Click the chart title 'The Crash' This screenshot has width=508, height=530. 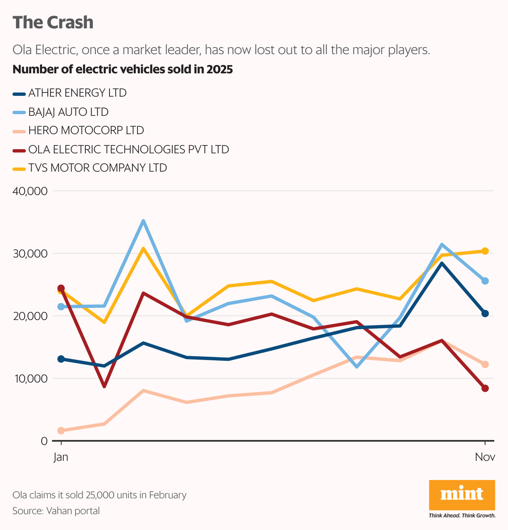pos(53,22)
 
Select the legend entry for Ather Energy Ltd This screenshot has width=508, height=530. pos(77,93)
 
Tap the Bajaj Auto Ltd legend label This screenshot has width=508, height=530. pos(68,112)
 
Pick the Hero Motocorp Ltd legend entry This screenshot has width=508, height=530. pos(86,130)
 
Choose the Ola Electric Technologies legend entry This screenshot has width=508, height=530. pos(128,149)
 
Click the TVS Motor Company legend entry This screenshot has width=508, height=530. pos(97,168)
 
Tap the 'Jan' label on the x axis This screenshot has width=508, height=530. pos(61,457)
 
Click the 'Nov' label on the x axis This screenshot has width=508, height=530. pos(485,457)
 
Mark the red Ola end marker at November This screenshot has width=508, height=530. pos(485,388)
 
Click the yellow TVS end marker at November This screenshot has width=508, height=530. pos(485,251)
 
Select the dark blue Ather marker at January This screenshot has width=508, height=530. pos(61,359)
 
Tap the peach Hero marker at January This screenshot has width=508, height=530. pos(61,430)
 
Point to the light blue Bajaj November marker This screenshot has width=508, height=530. pos(485,281)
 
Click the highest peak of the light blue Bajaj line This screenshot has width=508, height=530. pos(143,221)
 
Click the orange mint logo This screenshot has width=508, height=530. pos(462,495)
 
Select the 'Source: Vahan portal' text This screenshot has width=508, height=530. pos(56,511)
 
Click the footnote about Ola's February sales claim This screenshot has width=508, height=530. pos(100,495)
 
